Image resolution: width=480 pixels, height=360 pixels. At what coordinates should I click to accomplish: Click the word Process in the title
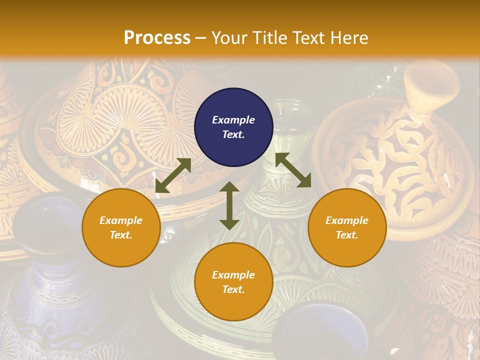pyautogui.click(x=157, y=38)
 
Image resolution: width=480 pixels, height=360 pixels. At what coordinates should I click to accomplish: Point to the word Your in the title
pyautogui.click(x=229, y=38)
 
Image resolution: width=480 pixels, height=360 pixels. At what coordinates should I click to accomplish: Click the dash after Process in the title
pyautogui.click(x=201, y=38)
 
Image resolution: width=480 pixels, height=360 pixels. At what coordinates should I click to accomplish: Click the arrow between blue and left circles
pyautogui.click(x=173, y=175)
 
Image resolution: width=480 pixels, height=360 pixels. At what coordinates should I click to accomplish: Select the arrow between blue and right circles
pyautogui.click(x=293, y=170)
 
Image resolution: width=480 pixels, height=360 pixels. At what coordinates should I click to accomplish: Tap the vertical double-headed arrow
pyautogui.click(x=229, y=205)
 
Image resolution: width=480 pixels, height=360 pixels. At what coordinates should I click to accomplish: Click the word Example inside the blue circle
pyautogui.click(x=233, y=120)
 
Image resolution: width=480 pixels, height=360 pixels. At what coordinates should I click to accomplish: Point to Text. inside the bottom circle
pyautogui.click(x=233, y=289)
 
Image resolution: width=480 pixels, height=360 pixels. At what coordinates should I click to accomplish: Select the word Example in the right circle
pyautogui.click(x=347, y=220)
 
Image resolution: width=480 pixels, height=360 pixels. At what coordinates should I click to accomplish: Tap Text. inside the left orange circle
pyautogui.click(x=121, y=235)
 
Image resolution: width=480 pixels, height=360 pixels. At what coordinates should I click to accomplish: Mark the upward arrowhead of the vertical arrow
pyautogui.click(x=229, y=187)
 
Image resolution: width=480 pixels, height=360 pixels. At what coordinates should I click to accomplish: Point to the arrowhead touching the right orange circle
pyautogui.click(x=304, y=181)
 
